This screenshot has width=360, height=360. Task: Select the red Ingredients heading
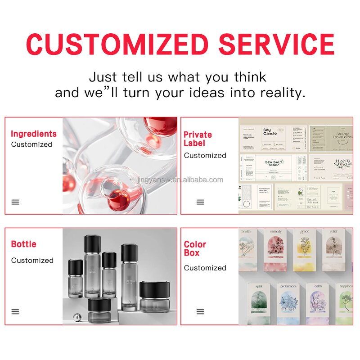[x=34, y=134]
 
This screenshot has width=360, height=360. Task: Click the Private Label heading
[x=198, y=139]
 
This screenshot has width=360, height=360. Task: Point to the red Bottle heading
[x=23, y=244]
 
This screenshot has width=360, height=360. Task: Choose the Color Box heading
[x=195, y=248]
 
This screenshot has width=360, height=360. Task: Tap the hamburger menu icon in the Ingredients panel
[x=15, y=202]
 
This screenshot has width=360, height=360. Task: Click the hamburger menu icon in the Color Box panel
[x=200, y=311]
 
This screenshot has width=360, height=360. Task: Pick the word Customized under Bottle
[x=32, y=260]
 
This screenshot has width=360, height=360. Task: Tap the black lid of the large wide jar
[x=154, y=288]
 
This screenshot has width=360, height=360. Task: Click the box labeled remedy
[x=276, y=250]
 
